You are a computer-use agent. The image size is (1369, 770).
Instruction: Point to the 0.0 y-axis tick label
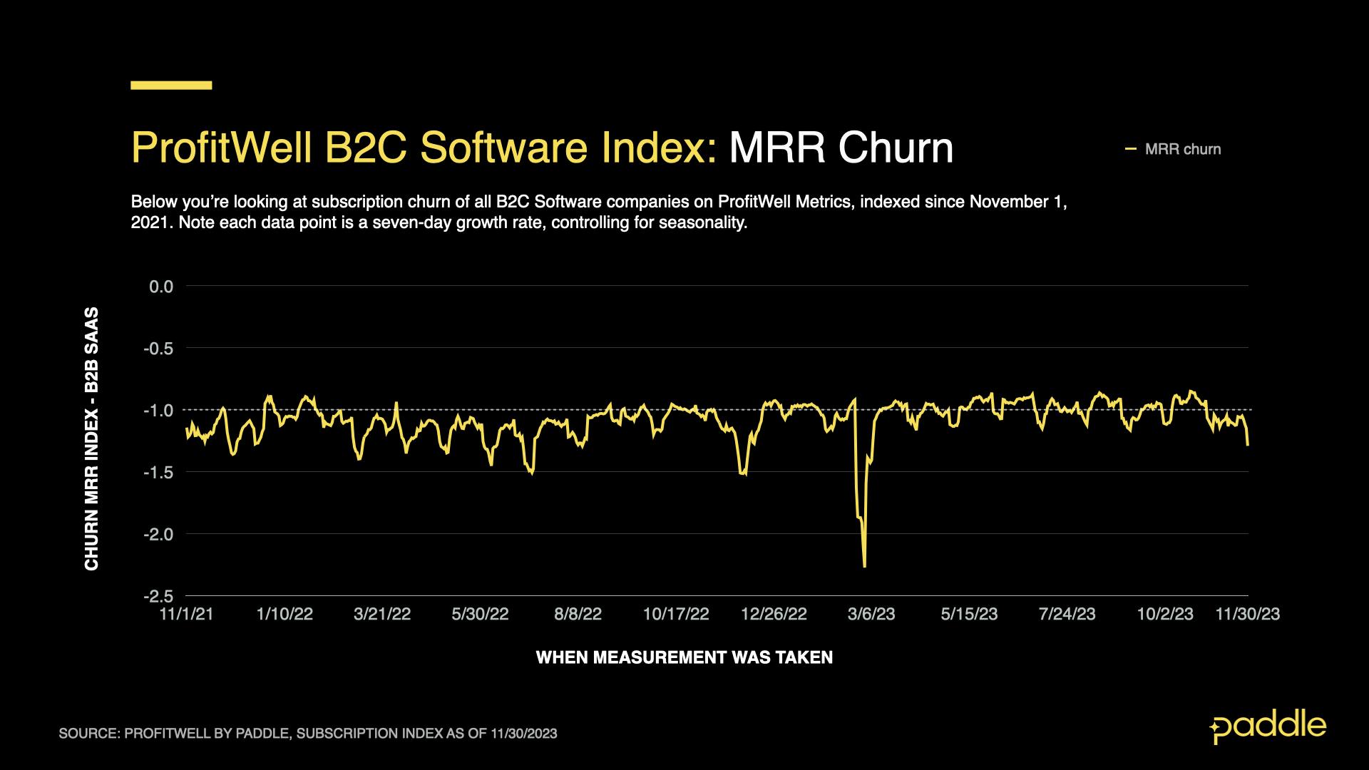tap(161, 287)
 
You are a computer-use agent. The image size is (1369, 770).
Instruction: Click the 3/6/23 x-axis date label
tap(871, 615)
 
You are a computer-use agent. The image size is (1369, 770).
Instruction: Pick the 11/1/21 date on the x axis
tap(187, 615)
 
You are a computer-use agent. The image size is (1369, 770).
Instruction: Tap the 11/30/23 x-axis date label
tap(1247, 615)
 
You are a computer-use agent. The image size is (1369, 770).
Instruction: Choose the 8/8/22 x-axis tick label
tap(578, 615)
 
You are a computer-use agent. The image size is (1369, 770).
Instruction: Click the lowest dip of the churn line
tap(864, 567)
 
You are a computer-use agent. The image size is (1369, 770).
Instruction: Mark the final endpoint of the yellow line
tap(1248, 446)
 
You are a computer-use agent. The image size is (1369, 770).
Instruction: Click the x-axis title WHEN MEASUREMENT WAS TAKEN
tap(684, 657)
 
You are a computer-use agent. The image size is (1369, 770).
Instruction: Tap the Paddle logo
tap(1268, 727)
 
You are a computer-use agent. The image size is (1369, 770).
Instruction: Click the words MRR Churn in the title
tap(841, 148)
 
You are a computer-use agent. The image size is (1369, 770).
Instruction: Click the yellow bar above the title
tap(171, 86)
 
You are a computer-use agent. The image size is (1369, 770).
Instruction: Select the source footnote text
tap(308, 734)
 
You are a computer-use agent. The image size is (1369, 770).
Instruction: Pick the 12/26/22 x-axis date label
tap(774, 615)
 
